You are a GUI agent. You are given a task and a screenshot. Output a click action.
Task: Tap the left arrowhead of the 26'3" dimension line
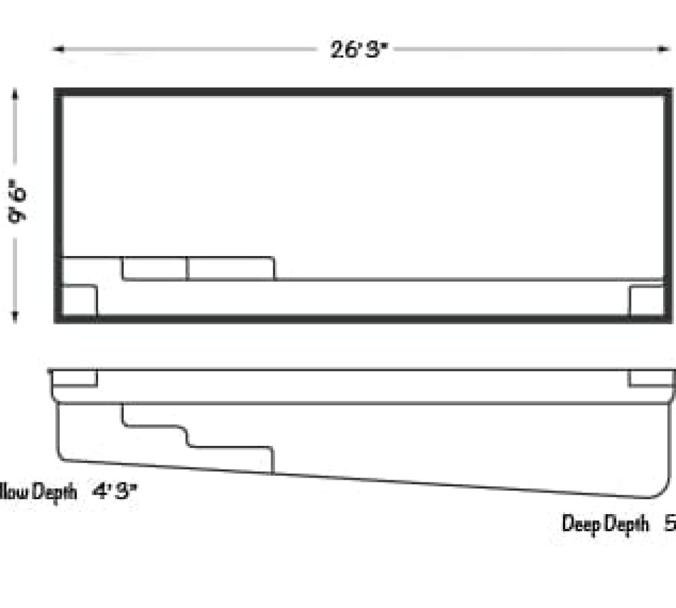click(58, 49)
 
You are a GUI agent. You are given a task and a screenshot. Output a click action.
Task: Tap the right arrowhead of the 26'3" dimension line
click(664, 49)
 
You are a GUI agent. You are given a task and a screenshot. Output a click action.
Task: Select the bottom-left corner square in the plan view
click(80, 301)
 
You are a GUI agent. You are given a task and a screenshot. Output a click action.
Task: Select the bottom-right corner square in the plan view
click(646, 301)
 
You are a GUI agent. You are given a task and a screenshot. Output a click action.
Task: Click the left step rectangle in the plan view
click(155, 268)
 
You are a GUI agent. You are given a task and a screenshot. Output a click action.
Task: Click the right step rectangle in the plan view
click(231, 268)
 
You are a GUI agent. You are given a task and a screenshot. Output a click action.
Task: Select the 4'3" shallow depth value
click(115, 492)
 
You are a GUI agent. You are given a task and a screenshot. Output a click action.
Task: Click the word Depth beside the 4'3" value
click(55, 492)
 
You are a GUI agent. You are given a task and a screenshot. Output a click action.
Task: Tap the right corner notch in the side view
click(650, 378)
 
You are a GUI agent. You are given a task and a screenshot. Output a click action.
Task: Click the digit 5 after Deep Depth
click(670, 524)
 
